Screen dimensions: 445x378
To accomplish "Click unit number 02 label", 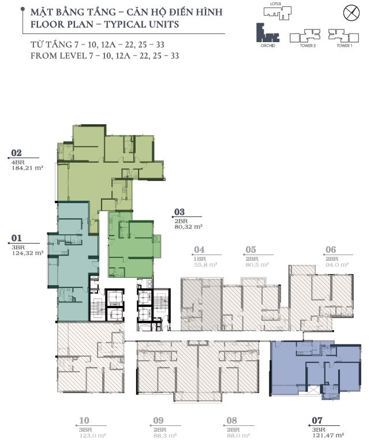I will (x=16, y=154).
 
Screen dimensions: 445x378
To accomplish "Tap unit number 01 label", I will (x=16, y=237).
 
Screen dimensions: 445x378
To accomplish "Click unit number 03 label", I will (x=179, y=212).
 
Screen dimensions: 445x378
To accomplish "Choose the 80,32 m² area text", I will (x=188, y=227).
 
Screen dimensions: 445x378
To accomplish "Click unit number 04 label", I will (x=200, y=250).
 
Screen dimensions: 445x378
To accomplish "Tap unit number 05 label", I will (x=250, y=250).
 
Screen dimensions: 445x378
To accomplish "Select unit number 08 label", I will (x=233, y=421).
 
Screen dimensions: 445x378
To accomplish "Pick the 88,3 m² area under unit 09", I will (x=164, y=436).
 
